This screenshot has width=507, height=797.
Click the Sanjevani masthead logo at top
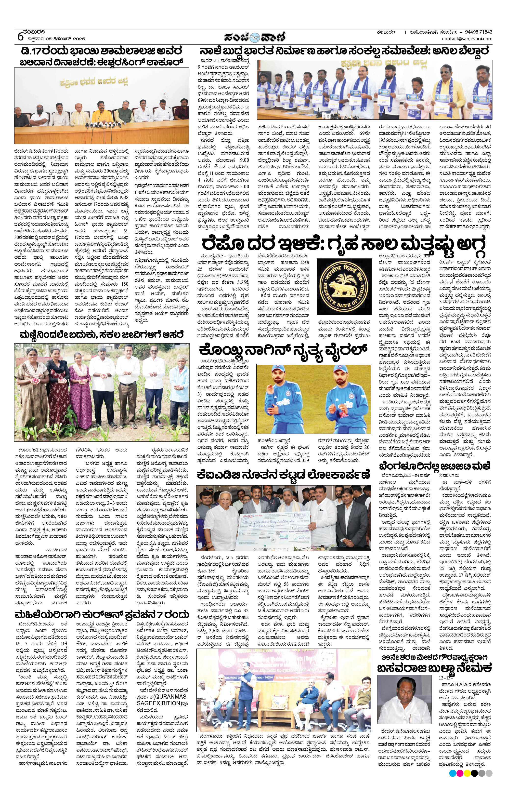point(254,36)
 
